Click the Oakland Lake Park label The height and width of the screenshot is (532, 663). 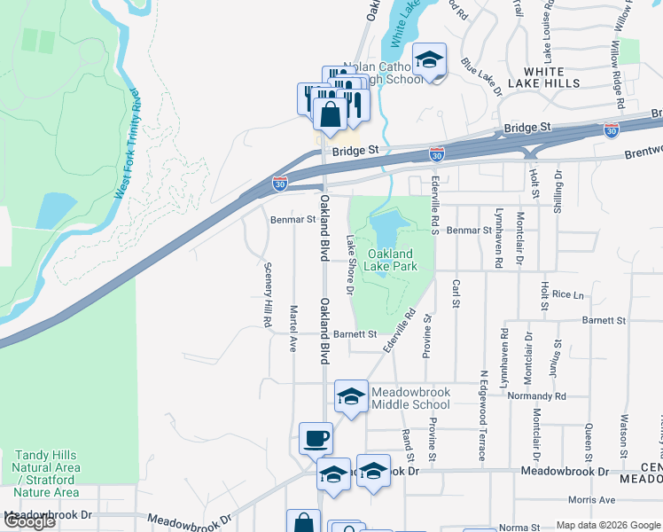coord(392,260)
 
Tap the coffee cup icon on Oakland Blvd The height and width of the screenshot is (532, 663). coord(316,438)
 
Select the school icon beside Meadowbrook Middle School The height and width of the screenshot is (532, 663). coord(351,397)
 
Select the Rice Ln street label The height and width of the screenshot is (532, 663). coord(567,294)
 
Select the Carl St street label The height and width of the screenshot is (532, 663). coord(456,293)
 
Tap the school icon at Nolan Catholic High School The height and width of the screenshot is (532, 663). coord(430,60)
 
